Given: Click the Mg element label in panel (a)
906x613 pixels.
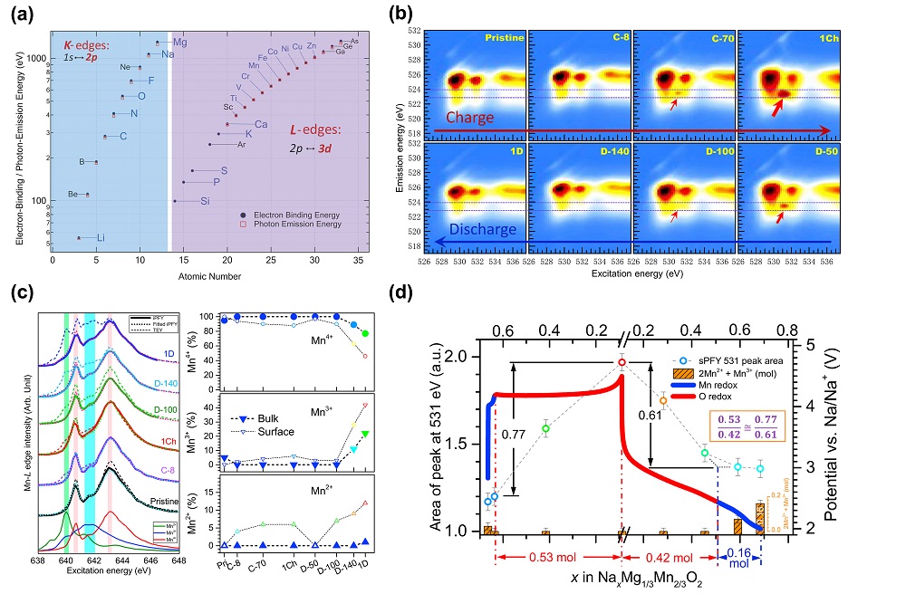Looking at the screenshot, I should click(180, 43).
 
